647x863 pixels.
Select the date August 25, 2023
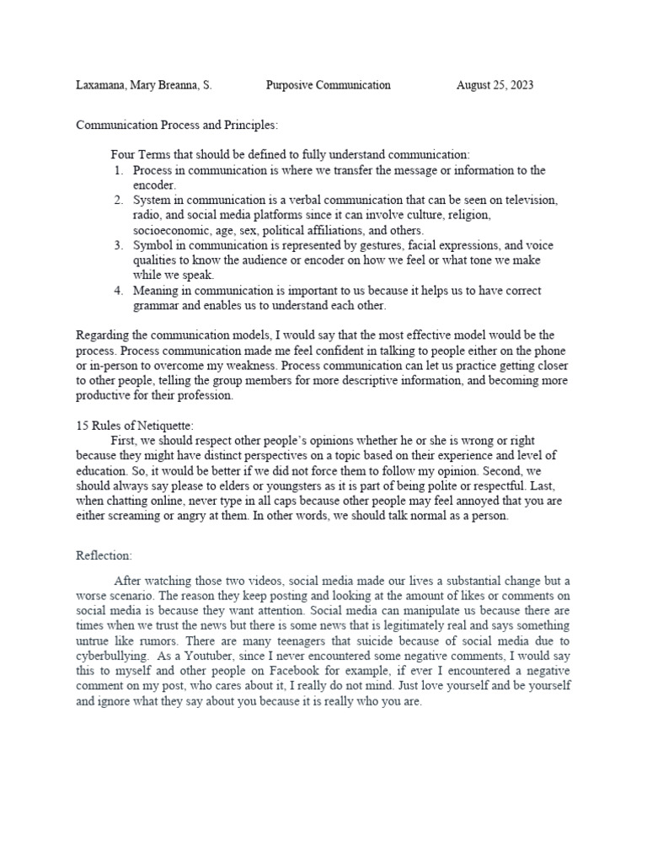[495, 85]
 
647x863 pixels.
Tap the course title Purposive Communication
[328, 85]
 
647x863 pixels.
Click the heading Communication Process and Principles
[177, 125]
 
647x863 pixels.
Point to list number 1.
[118, 170]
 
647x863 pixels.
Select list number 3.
[118, 245]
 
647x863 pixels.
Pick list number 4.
[118, 291]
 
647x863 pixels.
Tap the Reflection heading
[104, 556]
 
